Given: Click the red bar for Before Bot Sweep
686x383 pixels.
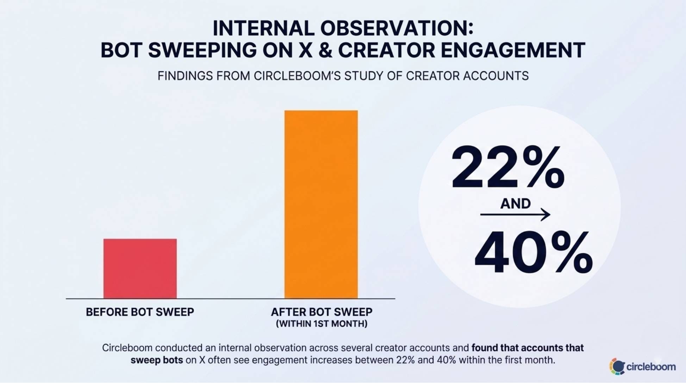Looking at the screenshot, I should point(140,269).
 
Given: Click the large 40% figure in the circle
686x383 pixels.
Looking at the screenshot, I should point(533,253).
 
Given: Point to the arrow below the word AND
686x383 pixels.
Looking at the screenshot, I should point(515,214).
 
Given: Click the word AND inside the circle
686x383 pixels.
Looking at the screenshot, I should point(515,204).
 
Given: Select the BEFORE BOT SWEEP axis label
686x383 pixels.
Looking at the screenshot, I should point(140,312).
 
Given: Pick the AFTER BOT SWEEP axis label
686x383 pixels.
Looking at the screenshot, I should point(321,312).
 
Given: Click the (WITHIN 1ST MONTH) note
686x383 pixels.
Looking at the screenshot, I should point(321,324).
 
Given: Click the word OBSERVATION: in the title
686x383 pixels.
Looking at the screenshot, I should point(397,28).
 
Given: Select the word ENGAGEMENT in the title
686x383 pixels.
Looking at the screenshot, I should point(513,50).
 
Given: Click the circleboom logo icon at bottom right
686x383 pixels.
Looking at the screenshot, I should point(617,366).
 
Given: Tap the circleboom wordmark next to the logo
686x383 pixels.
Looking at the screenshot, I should point(651,367).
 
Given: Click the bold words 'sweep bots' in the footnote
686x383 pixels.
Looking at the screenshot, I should point(157,360).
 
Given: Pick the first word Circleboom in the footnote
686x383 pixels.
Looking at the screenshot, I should point(127,348).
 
